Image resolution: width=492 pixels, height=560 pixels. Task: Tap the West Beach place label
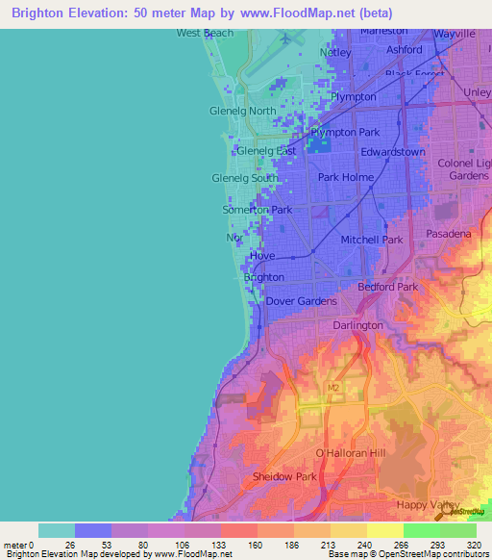(x=205, y=33)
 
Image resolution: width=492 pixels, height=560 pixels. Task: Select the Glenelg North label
(x=242, y=111)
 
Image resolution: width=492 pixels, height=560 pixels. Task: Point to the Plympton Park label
(x=346, y=132)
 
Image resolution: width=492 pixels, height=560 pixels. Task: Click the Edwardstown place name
(x=393, y=152)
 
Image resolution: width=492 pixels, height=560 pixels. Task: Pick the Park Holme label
(x=346, y=177)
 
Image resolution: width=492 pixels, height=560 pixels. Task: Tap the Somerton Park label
(x=257, y=209)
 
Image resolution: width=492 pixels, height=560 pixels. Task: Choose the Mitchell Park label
(x=371, y=239)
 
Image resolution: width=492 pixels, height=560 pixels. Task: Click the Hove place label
(x=261, y=256)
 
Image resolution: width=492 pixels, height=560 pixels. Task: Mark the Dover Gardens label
(x=301, y=301)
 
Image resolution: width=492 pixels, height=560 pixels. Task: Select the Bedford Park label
(x=387, y=287)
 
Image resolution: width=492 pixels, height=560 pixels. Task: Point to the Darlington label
(x=357, y=325)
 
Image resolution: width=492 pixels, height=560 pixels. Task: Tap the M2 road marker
(x=333, y=388)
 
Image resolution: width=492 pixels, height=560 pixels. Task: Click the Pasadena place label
(x=448, y=234)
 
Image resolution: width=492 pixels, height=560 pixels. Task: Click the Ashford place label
(x=405, y=49)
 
